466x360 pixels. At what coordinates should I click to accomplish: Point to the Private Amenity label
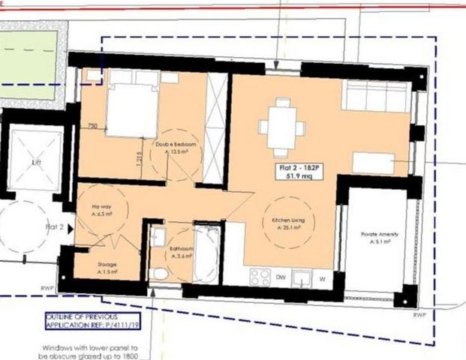(x=379, y=235)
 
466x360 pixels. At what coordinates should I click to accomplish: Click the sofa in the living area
(x=375, y=96)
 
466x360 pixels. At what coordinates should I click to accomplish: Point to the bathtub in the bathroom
(x=206, y=252)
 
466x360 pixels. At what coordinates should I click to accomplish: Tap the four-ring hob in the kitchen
(x=260, y=276)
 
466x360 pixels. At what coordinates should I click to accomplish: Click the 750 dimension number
(x=93, y=125)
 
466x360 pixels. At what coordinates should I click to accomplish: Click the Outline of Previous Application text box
(x=92, y=319)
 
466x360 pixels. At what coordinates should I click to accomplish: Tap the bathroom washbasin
(x=158, y=237)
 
